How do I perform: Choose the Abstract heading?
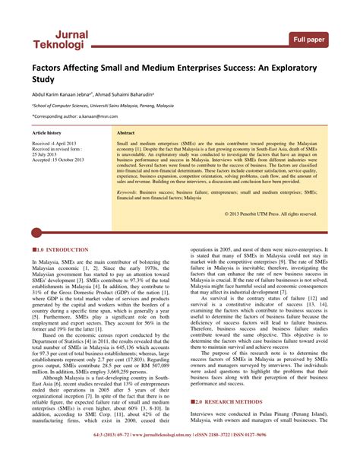click(x=126, y=132)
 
